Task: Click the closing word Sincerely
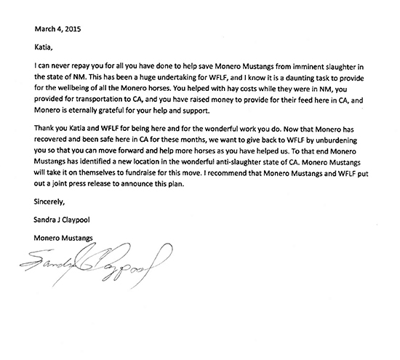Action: point(52,221)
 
